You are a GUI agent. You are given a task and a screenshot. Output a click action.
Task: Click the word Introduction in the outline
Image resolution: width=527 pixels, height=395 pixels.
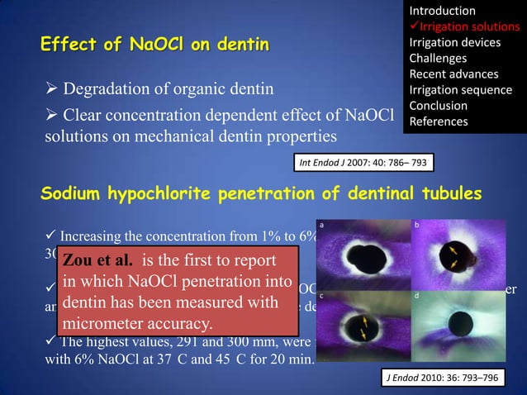click(442, 11)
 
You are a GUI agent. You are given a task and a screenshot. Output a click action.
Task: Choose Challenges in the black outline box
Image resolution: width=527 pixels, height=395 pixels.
click(438, 58)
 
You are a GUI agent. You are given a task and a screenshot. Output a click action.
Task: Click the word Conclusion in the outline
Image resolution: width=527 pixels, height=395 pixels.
click(438, 106)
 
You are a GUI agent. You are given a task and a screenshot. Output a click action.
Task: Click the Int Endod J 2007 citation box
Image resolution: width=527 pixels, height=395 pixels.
click(364, 163)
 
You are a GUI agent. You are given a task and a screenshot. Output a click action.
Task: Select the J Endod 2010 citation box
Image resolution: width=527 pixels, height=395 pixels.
click(443, 378)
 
